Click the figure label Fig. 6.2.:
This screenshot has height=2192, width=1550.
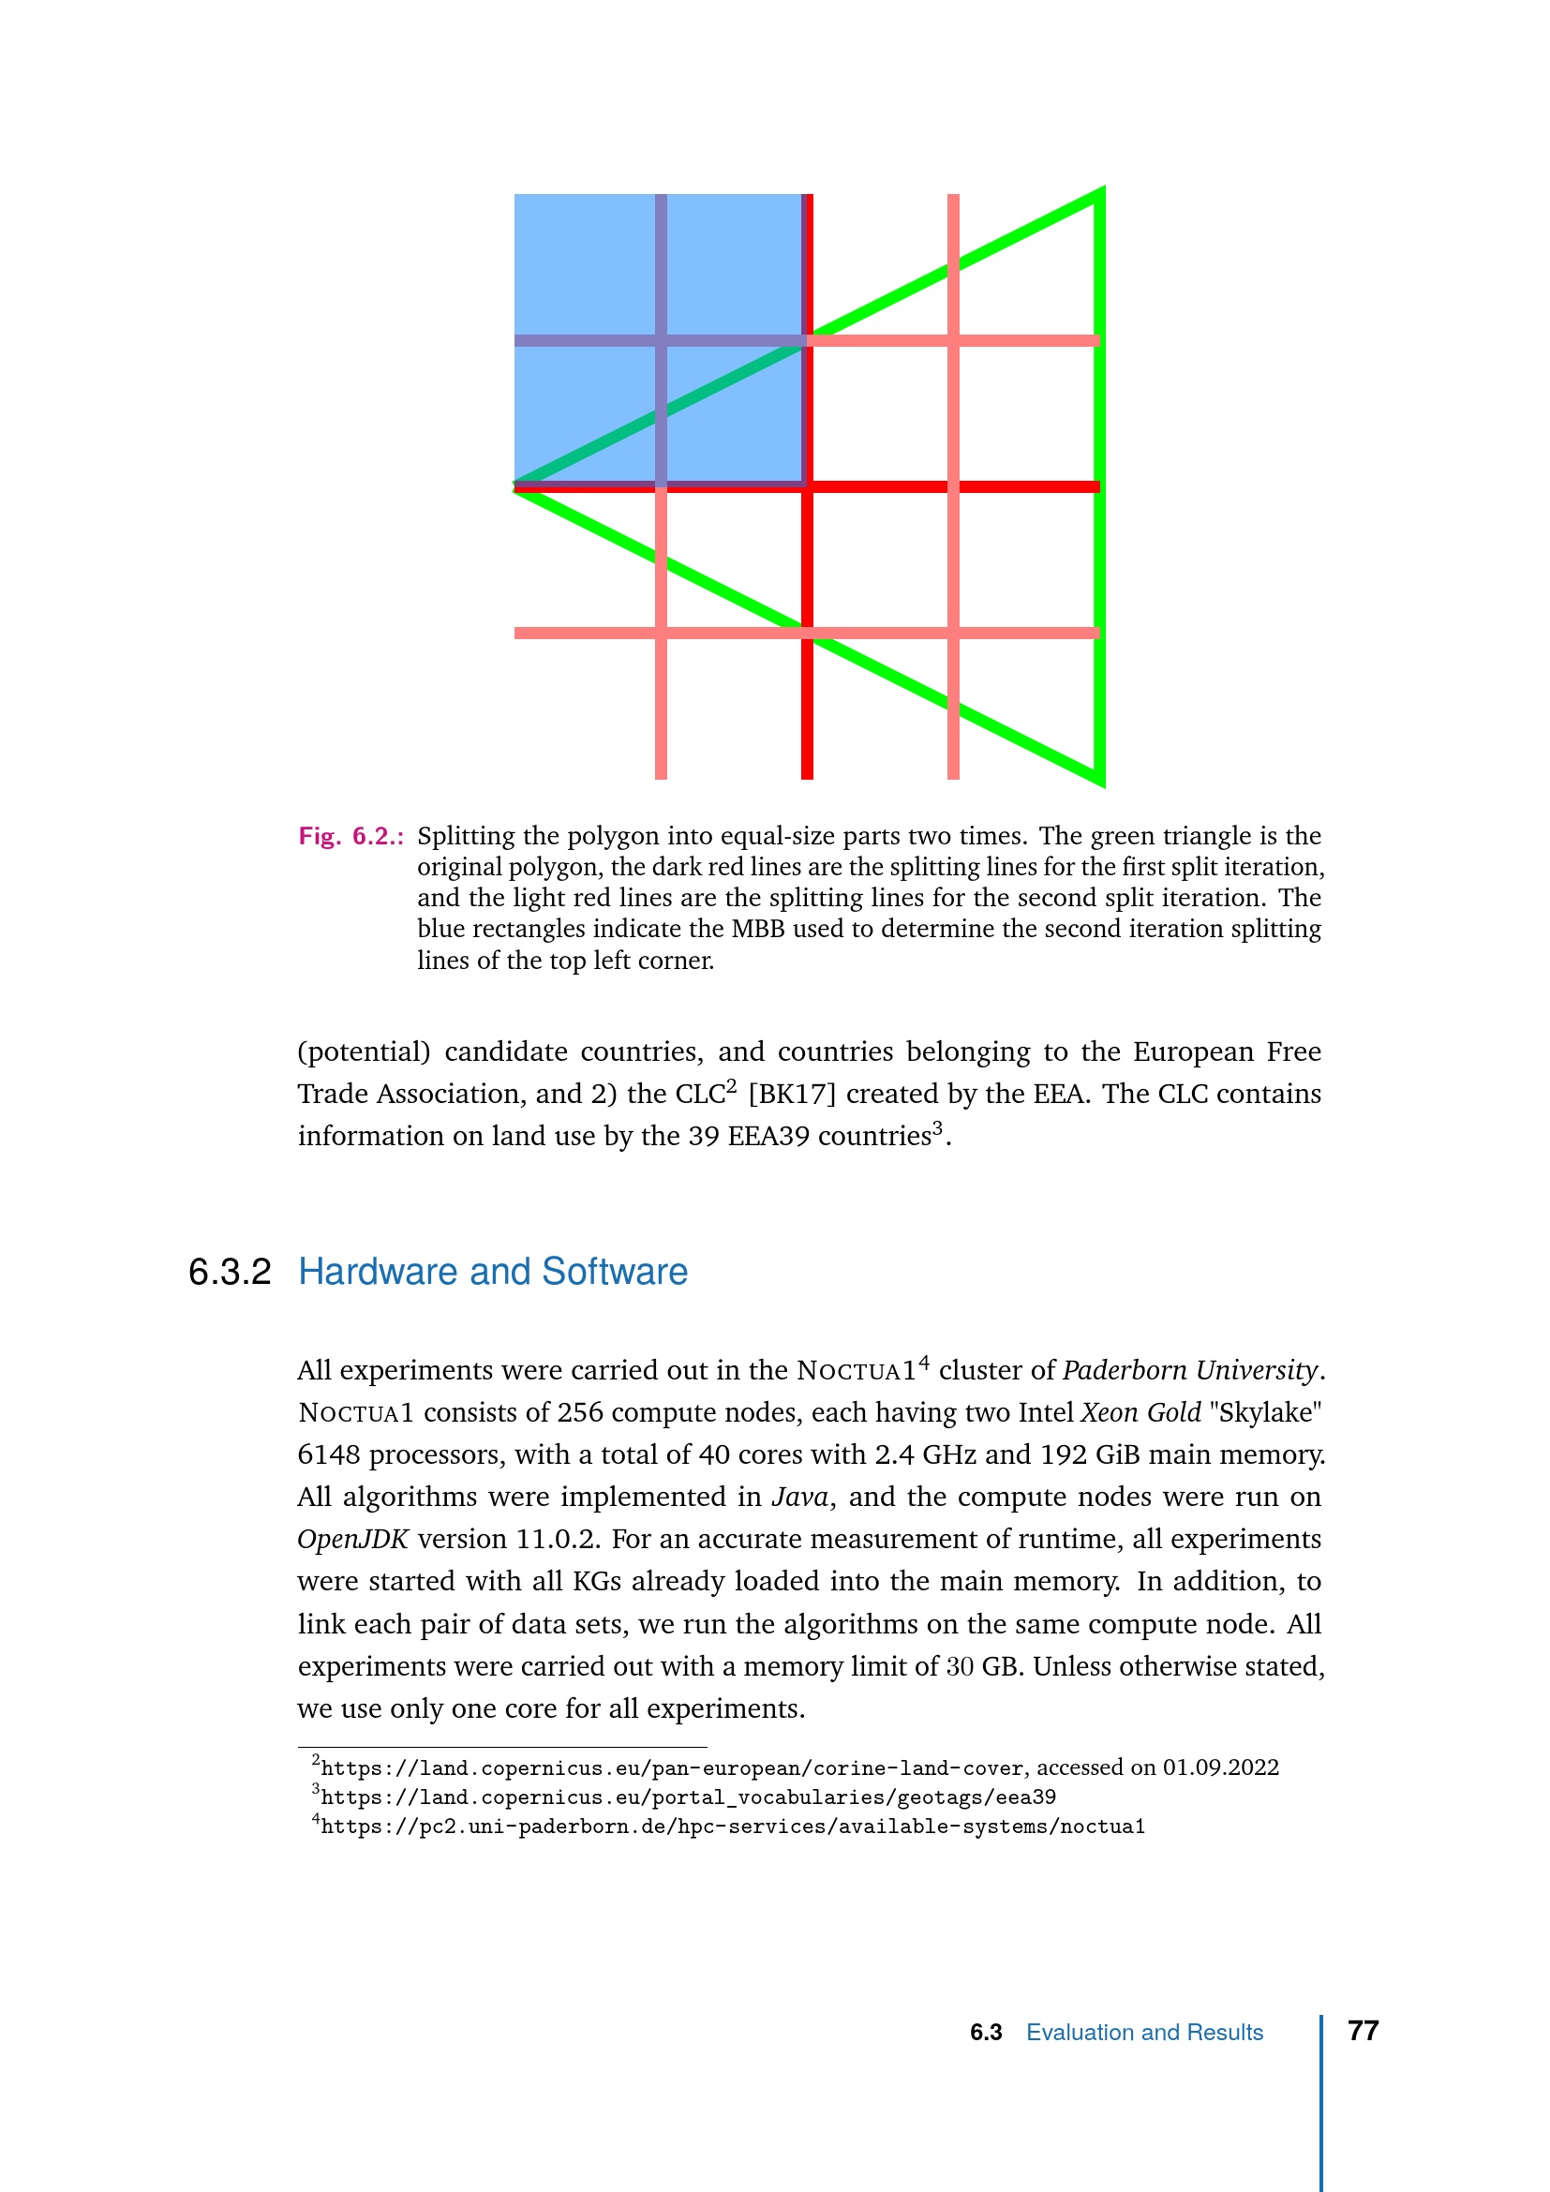coord(350,836)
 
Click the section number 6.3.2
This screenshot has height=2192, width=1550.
coord(229,1272)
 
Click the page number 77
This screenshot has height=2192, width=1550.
coord(1362,2031)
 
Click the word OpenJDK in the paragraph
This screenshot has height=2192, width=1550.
coord(352,1539)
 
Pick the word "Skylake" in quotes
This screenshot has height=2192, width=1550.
coord(1264,1412)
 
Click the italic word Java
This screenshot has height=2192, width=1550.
coord(798,1496)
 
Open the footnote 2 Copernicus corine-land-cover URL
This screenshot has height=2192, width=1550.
coord(672,1768)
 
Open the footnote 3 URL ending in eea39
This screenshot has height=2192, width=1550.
coord(687,1797)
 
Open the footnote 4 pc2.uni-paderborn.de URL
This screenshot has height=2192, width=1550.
coord(732,1827)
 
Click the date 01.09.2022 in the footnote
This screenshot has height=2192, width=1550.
coord(1220,1767)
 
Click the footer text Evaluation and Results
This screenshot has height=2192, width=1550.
coord(1143,2033)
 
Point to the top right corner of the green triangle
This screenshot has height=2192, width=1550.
coord(1101,192)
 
